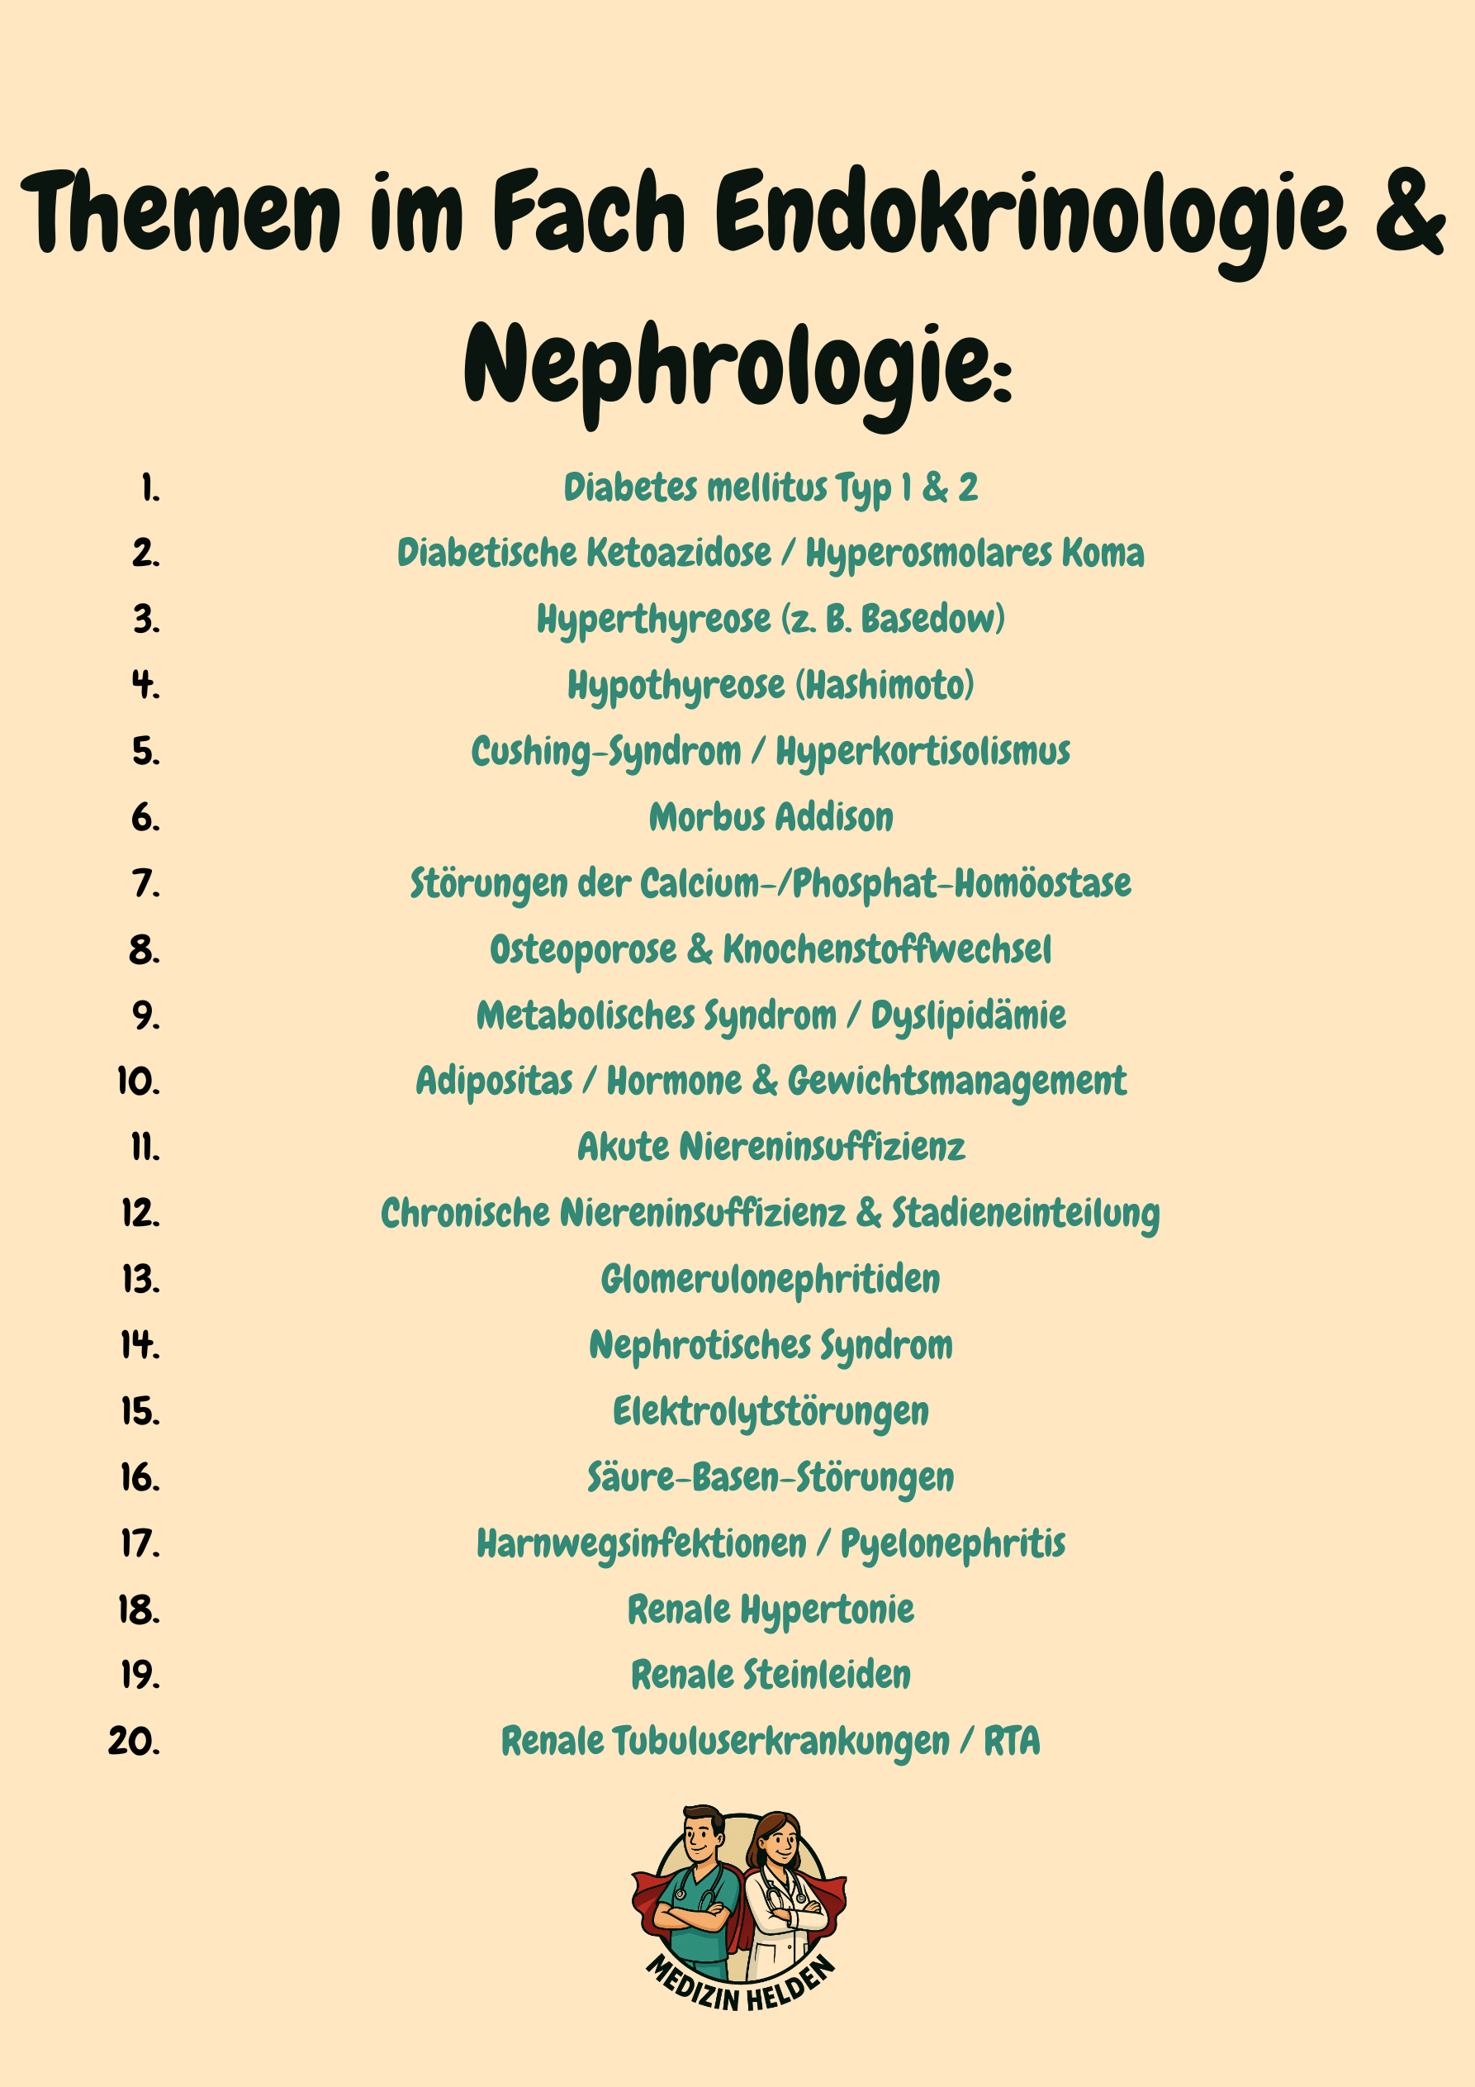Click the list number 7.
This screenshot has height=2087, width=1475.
pyautogui.click(x=145, y=883)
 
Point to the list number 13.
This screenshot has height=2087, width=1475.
pyautogui.click(x=141, y=1279)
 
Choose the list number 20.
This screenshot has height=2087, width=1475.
pyautogui.click(x=134, y=1741)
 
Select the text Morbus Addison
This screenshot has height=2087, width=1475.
pyautogui.click(x=771, y=817)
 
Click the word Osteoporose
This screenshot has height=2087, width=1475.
pyautogui.click(x=582, y=949)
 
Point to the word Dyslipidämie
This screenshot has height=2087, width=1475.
pyautogui.click(x=968, y=1015)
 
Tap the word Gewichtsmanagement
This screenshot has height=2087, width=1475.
pyautogui.click(x=957, y=1082)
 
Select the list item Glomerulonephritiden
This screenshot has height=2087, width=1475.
pyautogui.click(x=771, y=1279)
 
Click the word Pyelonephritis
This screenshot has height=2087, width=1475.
pyautogui.click(x=952, y=1543)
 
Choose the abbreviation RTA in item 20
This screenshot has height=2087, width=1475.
pyautogui.click(x=1012, y=1741)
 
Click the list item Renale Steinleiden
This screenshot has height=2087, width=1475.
pyautogui.click(x=771, y=1675)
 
